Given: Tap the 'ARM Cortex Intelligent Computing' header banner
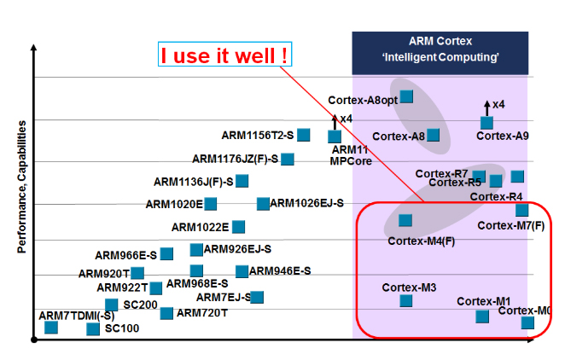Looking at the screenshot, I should (440, 49).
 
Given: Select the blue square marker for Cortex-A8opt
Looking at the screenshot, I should (407, 96).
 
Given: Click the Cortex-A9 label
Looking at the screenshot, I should (503, 136).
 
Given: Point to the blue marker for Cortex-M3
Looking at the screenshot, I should (406, 300).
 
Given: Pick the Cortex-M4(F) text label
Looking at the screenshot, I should (421, 241).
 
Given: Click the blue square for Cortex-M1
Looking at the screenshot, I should (482, 316).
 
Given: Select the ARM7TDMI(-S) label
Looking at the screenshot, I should (77, 316).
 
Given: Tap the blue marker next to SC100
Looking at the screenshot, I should (92, 328).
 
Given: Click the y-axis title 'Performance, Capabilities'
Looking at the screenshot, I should (22, 186).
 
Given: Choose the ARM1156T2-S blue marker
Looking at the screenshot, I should (304, 135).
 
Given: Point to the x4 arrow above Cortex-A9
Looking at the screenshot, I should (487, 106).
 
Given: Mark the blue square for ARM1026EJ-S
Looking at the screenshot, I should (263, 203).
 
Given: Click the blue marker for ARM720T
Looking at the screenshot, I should (166, 313).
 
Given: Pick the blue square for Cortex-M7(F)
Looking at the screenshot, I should (521, 210).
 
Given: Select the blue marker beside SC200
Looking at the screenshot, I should (111, 305).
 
